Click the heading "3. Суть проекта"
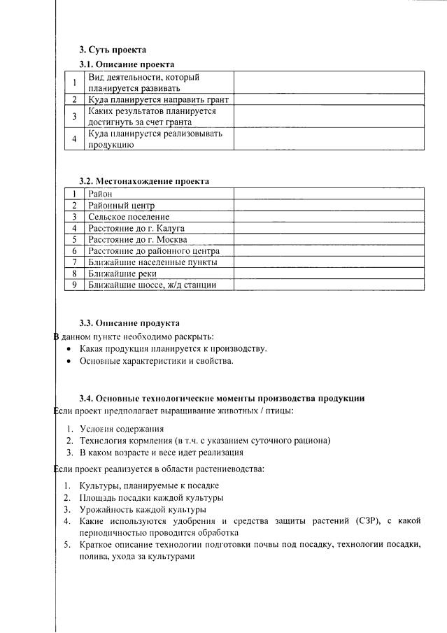tap(113, 50)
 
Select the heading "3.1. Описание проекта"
tap(126, 64)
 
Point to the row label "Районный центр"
tap(121, 205)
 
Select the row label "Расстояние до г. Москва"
tap(138, 239)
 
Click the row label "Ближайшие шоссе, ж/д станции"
tap(152, 285)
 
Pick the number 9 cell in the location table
tap(73, 285)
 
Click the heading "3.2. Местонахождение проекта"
tap(143, 181)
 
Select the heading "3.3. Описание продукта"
tap(129, 322)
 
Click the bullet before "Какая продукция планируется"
tap(68, 348)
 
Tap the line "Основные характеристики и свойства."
tap(156, 361)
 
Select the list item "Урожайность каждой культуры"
tap(142, 509)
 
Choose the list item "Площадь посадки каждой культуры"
tap(151, 497)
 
